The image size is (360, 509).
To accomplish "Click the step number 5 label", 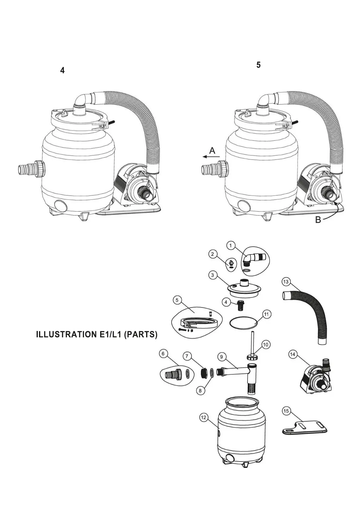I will tap(258, 65).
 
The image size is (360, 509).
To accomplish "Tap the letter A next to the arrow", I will tap(212, 150).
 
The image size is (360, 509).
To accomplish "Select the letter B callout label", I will tap(318, 220).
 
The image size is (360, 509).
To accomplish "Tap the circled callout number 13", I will tap(286, 282).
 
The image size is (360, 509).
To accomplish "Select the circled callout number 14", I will tap(292, 354).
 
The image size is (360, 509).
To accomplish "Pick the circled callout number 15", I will tap(286, 411).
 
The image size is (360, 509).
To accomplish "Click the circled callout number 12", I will tap(204, 417).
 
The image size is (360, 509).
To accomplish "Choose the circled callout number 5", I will tap(177, 300).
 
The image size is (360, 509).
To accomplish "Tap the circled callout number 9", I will tap(222, 357).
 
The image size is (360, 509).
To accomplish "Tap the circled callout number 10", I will tap(266, 345).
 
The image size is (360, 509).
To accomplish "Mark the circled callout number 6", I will tap(163, 354).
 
